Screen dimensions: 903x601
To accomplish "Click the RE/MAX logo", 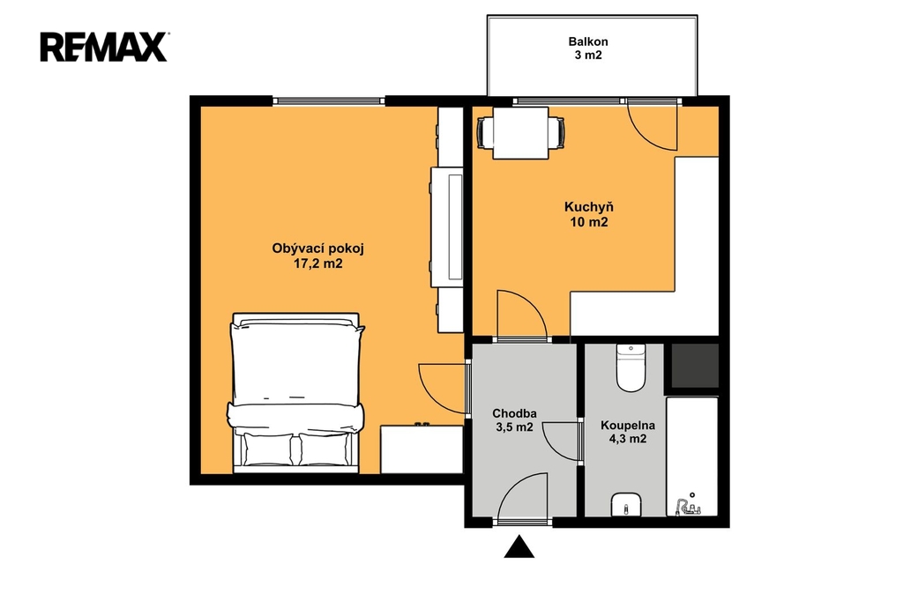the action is click(x=104, y=47).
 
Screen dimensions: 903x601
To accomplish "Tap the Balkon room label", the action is click(x=588, y=41).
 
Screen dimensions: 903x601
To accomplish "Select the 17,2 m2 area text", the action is click(x=317, y=263).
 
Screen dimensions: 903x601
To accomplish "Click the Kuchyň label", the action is click(x=588, y=207).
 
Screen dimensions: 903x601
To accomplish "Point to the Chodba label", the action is click(x=514, y=413).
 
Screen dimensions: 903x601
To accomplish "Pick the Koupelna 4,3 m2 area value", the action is click(x=628, y=439).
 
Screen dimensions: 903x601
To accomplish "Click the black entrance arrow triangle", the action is click(x=519, y=546).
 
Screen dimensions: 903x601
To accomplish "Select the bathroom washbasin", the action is click(x=627, y=505).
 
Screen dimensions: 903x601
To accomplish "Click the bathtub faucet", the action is click(x=687, y=507).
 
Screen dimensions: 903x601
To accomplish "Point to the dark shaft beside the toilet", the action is click(x=695, y=366).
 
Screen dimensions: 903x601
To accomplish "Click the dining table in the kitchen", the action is click(x=520, y=133).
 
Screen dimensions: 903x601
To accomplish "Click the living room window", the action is click(x=329, y=100).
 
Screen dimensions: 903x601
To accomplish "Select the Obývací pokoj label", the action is click(x=317, y=249).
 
